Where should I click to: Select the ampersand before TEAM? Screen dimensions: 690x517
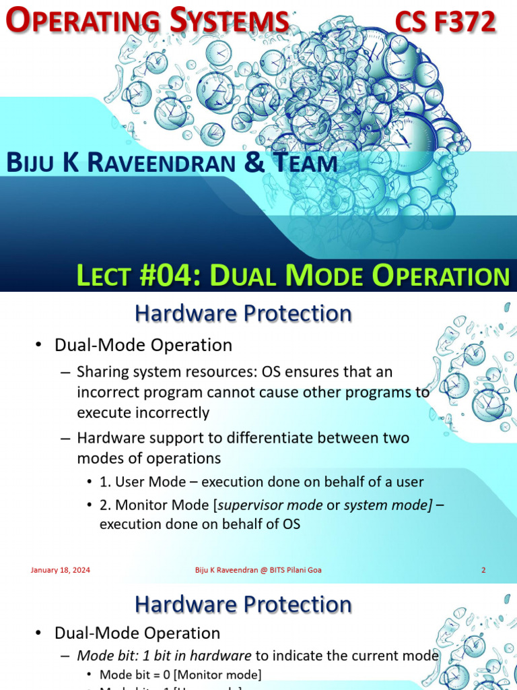click(x=256, y=163)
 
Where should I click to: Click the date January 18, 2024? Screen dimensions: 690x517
click(x=61, y=570)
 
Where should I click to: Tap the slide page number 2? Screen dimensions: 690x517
click(x=483, y=570)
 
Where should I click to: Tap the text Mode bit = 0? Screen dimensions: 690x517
click(x=130, y=675)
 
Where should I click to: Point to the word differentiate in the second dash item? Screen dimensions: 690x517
click(x=260, y=438)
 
